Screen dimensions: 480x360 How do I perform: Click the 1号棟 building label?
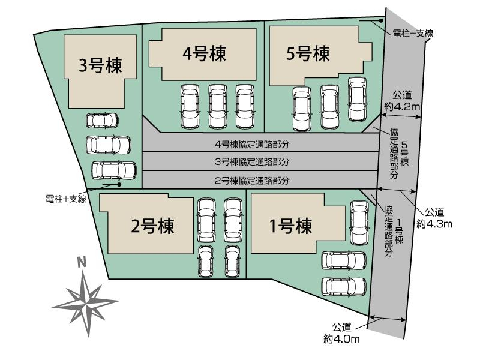click(290, 226)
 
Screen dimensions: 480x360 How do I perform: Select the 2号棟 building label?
click(152, 226)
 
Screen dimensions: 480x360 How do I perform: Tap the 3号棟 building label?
click(100, 65)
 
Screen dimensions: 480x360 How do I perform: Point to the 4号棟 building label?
click(204, 53)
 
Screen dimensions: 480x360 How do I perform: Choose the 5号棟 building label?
click(308, 53)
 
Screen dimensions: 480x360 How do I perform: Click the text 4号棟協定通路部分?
click(252, 144)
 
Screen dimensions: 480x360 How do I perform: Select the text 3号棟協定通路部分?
click(252, 161)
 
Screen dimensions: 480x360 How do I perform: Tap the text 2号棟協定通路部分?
click(252, 181)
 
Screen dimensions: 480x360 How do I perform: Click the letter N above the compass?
click(82, 263)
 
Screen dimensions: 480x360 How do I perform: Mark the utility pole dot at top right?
click(381, 21)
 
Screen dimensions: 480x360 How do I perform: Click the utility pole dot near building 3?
click(119, 185)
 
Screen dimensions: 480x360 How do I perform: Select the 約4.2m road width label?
click(402, 107)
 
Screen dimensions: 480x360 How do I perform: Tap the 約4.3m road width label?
click(434, 224)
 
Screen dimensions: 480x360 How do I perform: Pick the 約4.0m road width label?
click(341, 339)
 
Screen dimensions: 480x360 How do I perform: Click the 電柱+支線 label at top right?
click(413, 33)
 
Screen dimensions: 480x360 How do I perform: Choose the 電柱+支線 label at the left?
click(66, 199)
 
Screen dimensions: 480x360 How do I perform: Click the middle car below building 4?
click(217, 107)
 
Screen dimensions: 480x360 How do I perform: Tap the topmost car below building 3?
click(102, 121)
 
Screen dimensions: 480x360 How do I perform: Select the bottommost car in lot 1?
click(344, 287)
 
